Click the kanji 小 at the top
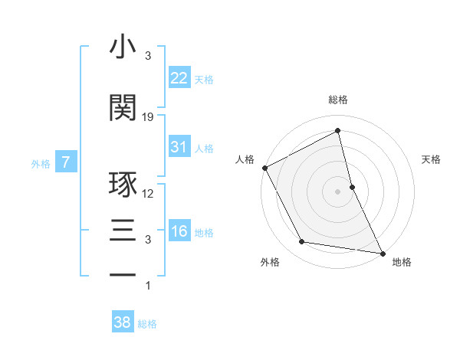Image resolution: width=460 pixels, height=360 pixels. click(x=123, y=47)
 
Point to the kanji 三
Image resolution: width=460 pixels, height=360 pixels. click(x=123, y=230)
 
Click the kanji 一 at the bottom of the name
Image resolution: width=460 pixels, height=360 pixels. click(x=123, y=275)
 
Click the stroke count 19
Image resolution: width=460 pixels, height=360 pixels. click(x=148, y=117)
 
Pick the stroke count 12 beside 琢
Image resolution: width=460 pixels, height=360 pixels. click(x=148, y=194)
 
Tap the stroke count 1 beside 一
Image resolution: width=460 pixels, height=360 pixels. click(x=148, y=286)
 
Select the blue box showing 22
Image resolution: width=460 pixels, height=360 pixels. click(x=179, y=77)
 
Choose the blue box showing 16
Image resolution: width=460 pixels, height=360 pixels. click(x=179, y=231)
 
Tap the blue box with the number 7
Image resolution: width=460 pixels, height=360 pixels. click(x=66, y=162)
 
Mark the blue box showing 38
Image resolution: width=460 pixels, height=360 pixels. click(x=122, y=322)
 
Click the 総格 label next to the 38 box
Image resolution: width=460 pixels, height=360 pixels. click(x=147, y=324)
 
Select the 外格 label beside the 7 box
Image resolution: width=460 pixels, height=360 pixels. click(x=41, y=163)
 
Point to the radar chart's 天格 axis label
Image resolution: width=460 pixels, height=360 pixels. click(x=431, y=159)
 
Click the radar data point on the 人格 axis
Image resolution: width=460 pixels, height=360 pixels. click(x=264, y=168)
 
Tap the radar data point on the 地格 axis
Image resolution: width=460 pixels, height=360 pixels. click(x=382, y=252)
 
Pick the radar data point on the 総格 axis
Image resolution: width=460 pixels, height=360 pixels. click(x=338, y=131)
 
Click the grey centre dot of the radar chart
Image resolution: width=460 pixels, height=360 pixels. click(x=338, y=191)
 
